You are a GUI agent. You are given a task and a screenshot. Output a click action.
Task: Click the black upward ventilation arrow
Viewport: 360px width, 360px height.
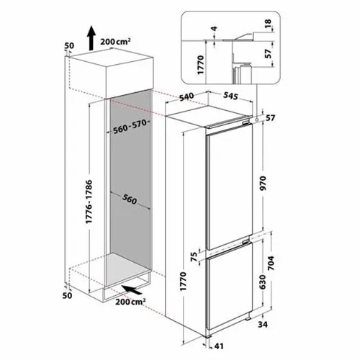(x=91, y=38)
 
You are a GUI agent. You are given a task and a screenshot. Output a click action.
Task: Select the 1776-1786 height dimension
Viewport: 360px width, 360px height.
(x=89, y=202)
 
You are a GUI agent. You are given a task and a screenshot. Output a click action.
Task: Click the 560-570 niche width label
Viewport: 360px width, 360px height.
(x=130, y=127)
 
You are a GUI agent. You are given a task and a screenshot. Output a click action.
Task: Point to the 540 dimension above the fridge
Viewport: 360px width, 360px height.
(x=186, y=96)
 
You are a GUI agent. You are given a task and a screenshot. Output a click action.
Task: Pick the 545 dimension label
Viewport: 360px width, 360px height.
(x=230, y=96)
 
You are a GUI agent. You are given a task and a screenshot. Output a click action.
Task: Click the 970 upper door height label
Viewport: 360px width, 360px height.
(x=264, y=183)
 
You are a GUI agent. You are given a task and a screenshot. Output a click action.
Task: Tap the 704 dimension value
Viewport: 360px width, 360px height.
(x=271, y=264)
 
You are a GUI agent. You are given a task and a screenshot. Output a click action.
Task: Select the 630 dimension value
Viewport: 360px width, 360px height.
(x=263, y=282)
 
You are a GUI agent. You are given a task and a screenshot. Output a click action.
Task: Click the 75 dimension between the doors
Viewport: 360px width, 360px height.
(x=194, y=256)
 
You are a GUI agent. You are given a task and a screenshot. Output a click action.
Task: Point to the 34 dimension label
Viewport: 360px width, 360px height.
(x=263, y=325)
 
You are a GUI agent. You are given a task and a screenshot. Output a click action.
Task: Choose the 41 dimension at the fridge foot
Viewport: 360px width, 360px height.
(x=219, y=346)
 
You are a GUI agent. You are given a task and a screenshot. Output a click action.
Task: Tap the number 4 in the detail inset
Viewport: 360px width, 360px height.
(x=215, y=28)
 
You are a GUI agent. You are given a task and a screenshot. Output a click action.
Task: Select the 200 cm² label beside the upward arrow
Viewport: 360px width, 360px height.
(x=115, y=41)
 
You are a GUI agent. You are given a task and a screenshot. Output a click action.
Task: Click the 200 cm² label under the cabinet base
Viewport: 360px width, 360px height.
(x=130, y=302)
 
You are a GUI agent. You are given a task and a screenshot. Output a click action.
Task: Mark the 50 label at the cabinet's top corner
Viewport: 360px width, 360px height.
(x=69, y=45)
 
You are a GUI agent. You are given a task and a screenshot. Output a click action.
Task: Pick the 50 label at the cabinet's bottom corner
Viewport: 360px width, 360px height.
(x=67, y=295)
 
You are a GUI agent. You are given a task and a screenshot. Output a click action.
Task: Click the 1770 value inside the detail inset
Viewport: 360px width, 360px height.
(x=200, y=65)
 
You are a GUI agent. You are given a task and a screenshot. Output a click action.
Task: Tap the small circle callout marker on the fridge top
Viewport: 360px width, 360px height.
(x=257, y=119)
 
